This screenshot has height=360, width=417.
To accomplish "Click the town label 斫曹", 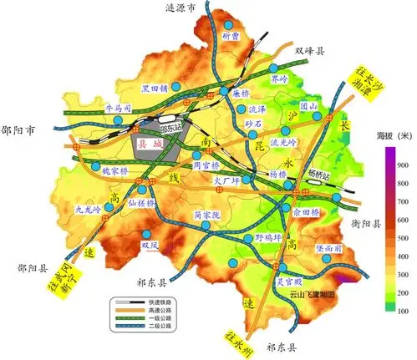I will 230,36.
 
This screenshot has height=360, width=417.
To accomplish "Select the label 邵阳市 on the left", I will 20,131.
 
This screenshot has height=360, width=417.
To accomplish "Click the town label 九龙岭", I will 87,210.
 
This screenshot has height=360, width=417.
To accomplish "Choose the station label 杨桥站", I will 320,175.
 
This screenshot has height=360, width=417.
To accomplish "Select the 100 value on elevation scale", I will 402,310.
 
